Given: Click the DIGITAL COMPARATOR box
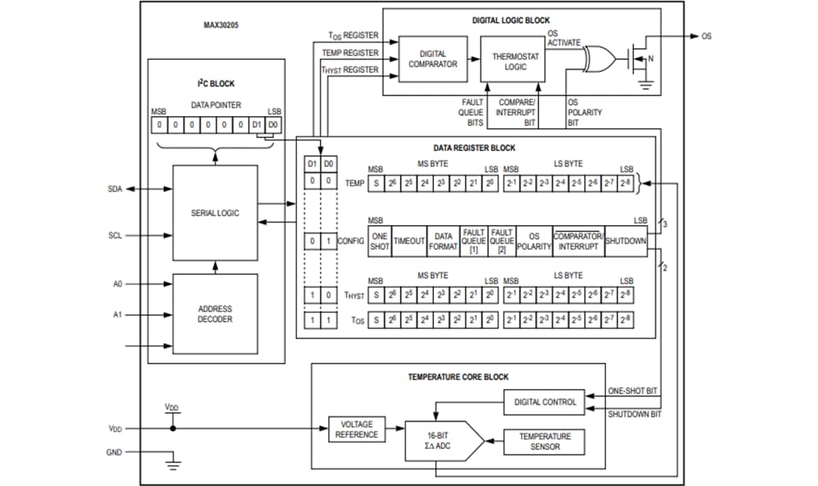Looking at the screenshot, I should pos(432,59).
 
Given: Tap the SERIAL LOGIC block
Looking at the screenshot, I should pos(215,213).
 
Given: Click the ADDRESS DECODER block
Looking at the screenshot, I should pos(215,314).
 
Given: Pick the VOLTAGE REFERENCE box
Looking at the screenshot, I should pos(356,429).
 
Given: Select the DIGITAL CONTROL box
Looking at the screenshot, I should pos(544,402).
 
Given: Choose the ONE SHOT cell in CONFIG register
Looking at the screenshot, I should pos(379,241).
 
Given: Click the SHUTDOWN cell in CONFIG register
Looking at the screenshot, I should pos(626,241).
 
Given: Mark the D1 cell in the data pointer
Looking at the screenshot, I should pos(255,123).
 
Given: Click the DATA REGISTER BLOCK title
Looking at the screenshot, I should pos(474,148).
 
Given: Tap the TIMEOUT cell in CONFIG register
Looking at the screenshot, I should pos(409,241).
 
